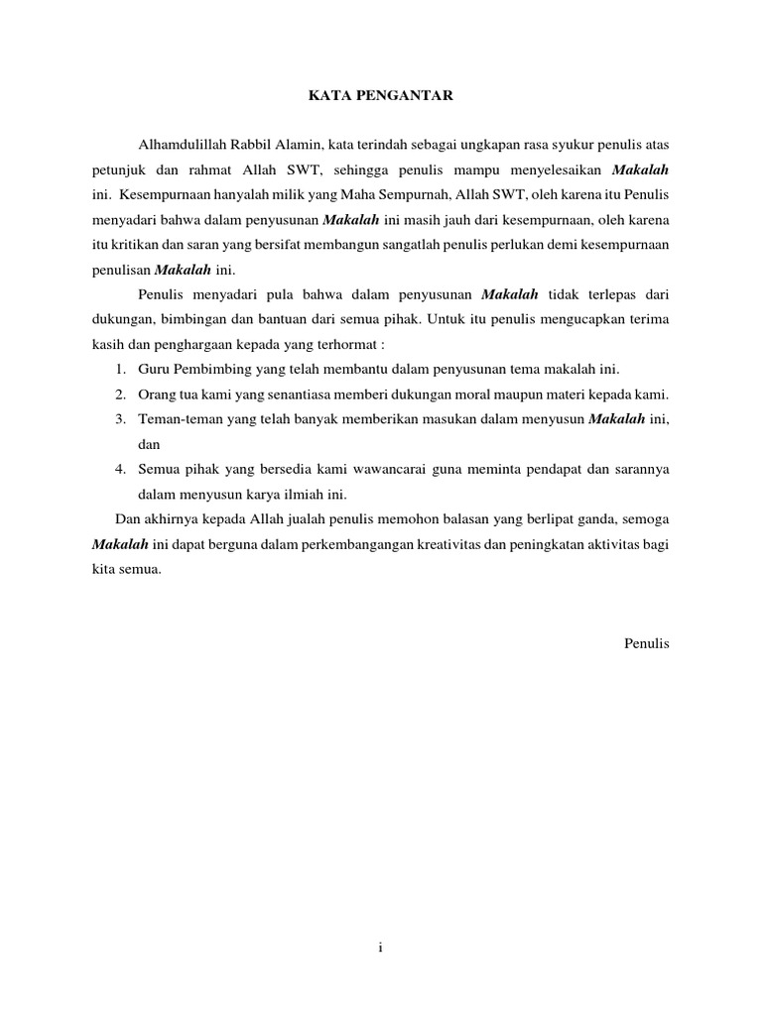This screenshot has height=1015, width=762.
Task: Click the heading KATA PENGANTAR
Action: point(380,96)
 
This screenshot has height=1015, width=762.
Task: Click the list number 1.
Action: point(118,370)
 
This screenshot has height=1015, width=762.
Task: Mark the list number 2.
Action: point(118,395)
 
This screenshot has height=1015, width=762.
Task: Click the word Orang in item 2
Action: point(156,395)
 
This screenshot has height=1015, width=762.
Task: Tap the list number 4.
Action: point(118,469)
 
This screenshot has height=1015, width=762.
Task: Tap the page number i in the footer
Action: point(380,949)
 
